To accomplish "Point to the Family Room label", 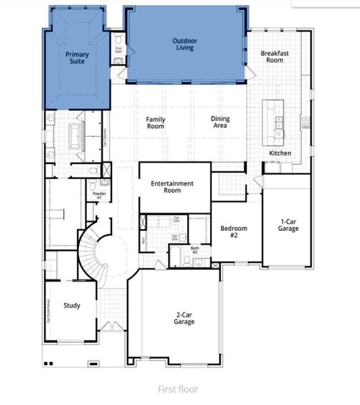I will pos(156,123).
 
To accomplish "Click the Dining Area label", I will pos(220,122).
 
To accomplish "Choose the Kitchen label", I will pos(280,153).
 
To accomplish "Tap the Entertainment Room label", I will pos(172,187).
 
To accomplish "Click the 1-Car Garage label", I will pos(289,225).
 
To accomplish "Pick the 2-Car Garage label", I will pos(183,318).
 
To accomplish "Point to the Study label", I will pos(72,306).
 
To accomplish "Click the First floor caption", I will pos(178,389).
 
